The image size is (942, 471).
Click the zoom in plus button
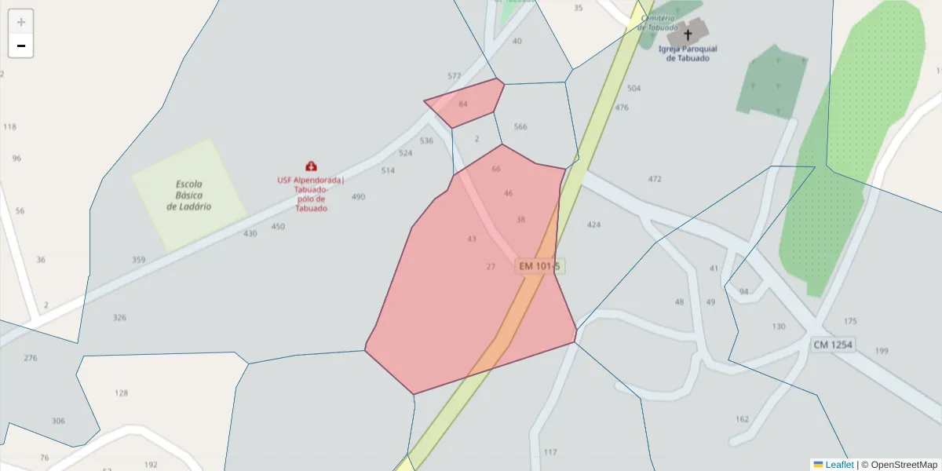[21, 22]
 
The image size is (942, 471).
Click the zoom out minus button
[21, 46]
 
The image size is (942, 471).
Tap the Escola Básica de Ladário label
[189, 195]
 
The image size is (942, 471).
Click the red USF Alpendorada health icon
[312, 166]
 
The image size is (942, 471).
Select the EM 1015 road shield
[539, 266]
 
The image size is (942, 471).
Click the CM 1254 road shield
[833, 345]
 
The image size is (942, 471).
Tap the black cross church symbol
[688, 35]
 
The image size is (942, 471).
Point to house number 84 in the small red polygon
[463, 104]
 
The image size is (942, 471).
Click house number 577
[455, 76]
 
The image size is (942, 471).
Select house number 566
[520, 126]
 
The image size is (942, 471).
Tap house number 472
[655, 179]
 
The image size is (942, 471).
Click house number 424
[593, 225]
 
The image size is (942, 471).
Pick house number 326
[119, 318]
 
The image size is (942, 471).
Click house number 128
[121, 393]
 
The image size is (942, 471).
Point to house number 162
[742, 419]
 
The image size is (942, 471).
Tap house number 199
[882, 351]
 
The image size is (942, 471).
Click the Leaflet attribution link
[839, 465]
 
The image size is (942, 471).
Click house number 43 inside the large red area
[472, 239]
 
